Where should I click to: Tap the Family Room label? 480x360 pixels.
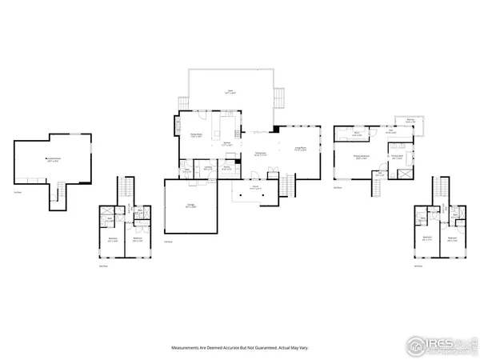(195, 136)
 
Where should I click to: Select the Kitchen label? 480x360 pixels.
(226, 144)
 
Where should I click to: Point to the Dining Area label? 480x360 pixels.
(260, 154)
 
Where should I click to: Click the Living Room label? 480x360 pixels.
(301, 150)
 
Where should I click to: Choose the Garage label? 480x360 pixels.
(191, 206)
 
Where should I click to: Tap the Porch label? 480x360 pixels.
(254, 188)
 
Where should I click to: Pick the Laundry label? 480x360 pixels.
(207, 169)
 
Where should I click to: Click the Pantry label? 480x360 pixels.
(226, 169)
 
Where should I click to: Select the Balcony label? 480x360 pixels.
(410, 122)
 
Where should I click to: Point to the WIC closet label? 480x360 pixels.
(358, 134)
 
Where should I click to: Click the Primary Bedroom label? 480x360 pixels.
(361, 158)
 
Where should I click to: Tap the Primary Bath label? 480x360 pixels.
(396, 157)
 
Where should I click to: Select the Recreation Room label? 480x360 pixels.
(54, 158)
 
